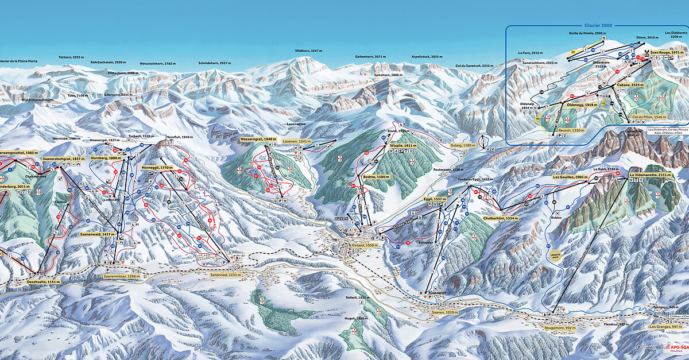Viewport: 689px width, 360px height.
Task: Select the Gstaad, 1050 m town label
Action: click(x=353, y=244)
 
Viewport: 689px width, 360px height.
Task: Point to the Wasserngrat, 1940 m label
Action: click(x=258, y=139)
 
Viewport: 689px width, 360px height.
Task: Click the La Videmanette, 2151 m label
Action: click(x=651, y=175)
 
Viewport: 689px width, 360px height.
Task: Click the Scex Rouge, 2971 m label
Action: click(x=666, y=52)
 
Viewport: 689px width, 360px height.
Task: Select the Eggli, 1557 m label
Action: click(x=435, y=199)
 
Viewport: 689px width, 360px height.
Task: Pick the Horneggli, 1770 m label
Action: click(x=157, y=167)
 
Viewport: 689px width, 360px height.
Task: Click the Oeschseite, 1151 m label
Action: click(x=43, y=282)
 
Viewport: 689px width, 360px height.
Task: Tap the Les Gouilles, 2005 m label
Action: click(x=570, y=177)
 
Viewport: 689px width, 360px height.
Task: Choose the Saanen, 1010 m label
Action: click(x=444, y=312)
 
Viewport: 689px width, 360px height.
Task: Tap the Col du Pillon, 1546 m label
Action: click(x=649, y=117)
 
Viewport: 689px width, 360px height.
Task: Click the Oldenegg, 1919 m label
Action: click(x=582, y=105)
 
